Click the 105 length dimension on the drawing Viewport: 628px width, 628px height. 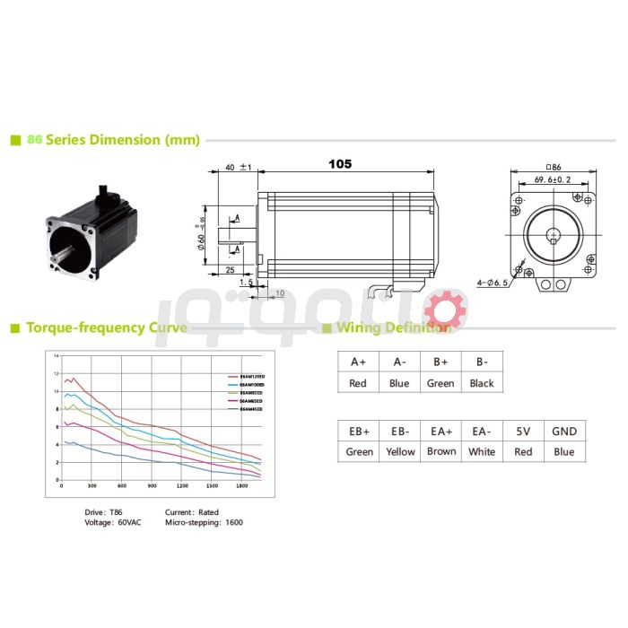click(340, 164)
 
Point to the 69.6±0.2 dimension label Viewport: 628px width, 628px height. click(553, 179)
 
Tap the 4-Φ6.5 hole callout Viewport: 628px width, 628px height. click(493, 283)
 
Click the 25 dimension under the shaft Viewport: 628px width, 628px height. click(230, 269)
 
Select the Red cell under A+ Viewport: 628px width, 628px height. click(358, 383)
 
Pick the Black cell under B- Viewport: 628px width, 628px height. click(482, 383)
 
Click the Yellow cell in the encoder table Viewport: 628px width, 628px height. click(400, 452)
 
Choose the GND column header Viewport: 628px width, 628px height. click(564, 431)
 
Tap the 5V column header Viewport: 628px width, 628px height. click(523, 431)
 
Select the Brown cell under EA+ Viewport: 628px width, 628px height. click(441, 452)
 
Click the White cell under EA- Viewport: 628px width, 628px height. click(482, 452)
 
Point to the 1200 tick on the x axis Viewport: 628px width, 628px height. click(182, 486)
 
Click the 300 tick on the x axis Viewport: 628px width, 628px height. click(92, 486)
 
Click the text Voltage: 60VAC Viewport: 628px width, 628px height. click(112, 522)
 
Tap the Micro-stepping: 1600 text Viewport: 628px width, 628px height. click(204, 522)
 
